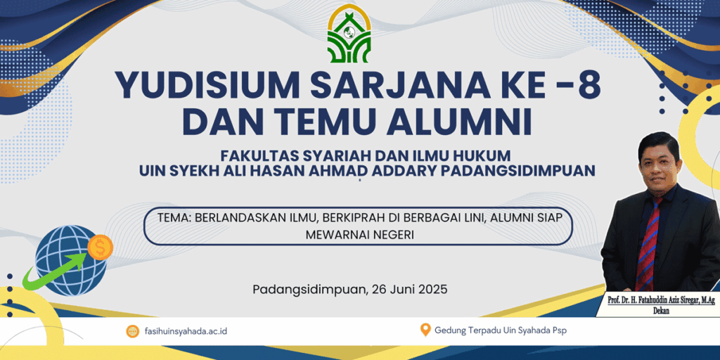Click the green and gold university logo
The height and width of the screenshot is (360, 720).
[x=349, y=34]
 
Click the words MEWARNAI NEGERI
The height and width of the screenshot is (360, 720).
[x=359, y=235]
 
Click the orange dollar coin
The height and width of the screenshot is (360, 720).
[x=100, y=247]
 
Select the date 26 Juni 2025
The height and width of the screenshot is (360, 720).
[x=409, y=290]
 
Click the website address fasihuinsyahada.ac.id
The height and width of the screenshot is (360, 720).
[x=186, y=331]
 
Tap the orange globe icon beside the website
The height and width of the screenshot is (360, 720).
[x=132, y=331]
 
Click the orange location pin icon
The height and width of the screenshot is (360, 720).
[x=425, y=330]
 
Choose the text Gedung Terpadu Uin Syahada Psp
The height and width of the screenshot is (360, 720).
[x=501, y=330]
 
